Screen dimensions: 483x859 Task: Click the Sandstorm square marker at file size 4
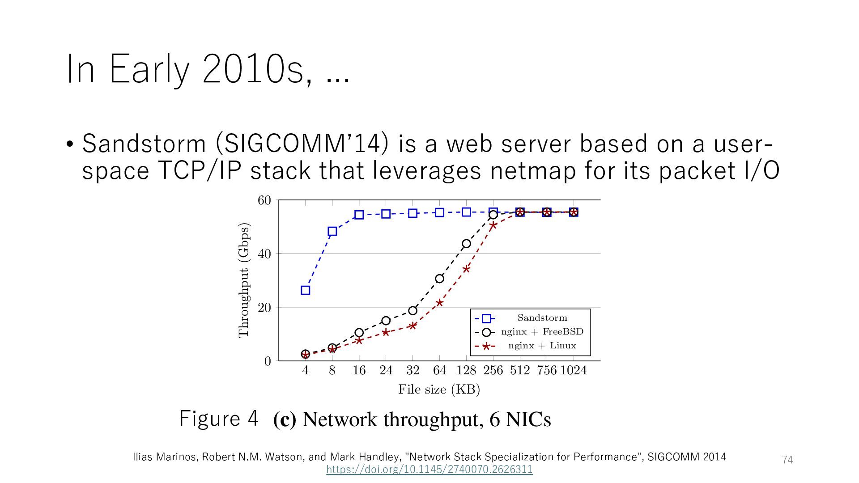[306, 290]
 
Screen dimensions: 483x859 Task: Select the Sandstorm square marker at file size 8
[332, 231]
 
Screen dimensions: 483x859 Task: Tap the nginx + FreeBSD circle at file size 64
[439, 279]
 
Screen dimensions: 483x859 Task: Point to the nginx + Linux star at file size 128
[466, 269]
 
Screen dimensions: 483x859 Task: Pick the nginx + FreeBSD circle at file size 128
[466, 244]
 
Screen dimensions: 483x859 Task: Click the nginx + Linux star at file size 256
[493, 226]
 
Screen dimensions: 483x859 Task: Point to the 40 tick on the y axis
[264, 254]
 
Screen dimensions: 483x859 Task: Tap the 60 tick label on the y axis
[264, 200]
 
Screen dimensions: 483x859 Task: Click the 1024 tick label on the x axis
[574, 370]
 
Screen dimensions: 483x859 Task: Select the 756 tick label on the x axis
[547, 370]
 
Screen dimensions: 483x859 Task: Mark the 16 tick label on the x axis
[359, 370]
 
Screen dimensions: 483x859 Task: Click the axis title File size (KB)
[439, 390]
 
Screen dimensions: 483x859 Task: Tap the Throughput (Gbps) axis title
[244, 280]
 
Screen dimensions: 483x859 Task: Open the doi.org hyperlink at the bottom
[429, 470]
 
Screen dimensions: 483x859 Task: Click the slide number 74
[787, 460]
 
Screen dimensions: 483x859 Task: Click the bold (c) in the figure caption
[285, 419]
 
